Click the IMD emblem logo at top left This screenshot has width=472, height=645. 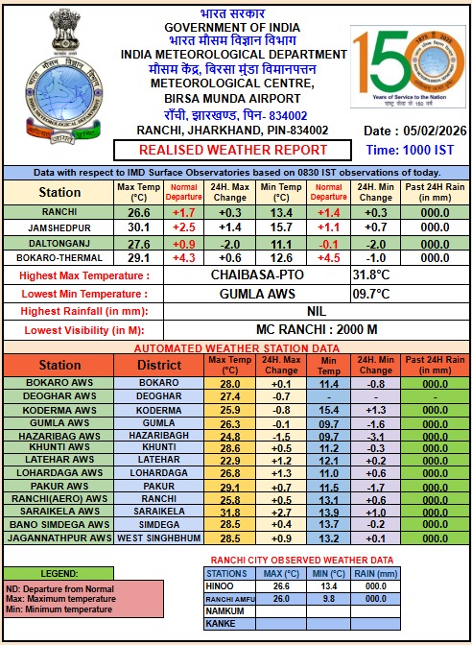59,76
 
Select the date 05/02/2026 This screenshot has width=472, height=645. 430,131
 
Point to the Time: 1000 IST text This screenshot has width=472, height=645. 411,150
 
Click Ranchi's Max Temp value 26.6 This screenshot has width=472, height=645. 139,212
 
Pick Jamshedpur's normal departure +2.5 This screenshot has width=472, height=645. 184,227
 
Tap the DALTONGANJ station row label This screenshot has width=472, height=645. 59,243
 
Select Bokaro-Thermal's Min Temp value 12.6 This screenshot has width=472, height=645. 281,258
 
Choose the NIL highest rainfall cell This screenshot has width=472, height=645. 316,312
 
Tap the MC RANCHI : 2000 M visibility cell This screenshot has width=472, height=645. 316,329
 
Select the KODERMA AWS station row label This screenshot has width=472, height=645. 59,410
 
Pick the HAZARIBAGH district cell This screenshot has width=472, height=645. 158,435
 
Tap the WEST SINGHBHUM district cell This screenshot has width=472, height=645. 158,537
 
